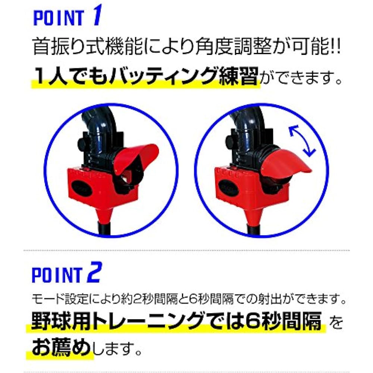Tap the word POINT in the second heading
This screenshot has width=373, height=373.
57,275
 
